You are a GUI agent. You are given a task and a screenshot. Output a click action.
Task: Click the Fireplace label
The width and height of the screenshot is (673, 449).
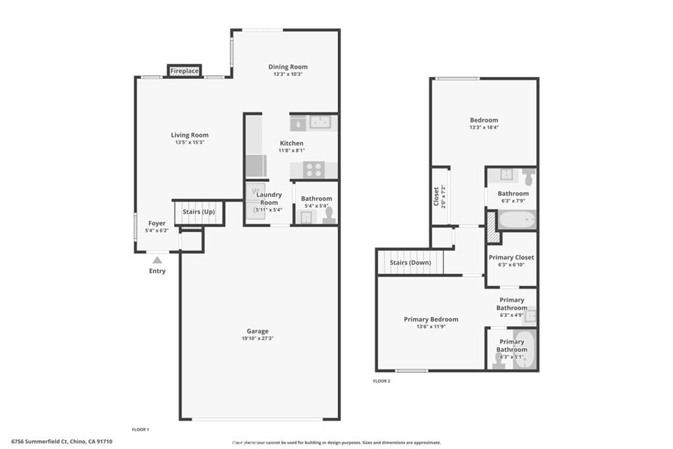[x=184, y=70]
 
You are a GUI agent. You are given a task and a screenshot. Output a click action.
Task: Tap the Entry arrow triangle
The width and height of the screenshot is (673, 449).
[x=157, y=260]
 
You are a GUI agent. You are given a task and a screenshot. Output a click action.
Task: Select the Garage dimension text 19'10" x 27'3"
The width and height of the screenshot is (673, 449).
[x=258, y=339]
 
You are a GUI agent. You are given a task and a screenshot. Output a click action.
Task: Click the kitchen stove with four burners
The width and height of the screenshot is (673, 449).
[x=313, y=170]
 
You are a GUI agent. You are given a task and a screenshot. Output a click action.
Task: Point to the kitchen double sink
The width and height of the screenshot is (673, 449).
[x=320, y=122]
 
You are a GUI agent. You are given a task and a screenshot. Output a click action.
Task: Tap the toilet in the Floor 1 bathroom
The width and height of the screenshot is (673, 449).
[x=329, y=215]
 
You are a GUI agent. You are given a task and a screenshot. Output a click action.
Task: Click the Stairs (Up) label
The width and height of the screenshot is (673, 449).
[x=198, y=212]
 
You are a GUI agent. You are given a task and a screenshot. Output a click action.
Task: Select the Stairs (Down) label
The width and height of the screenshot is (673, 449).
[x=410, y=263]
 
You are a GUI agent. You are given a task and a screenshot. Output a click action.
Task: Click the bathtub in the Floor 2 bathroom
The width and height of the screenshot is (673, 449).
[x=516, y=220]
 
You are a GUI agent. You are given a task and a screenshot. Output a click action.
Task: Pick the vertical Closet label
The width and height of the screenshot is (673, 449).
[x=436, y=197]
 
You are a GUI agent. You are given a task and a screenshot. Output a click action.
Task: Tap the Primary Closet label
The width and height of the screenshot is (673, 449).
[x=511, y=258]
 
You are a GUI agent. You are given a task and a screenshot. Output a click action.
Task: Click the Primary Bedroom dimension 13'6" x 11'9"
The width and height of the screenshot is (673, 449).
[x=430, y=327]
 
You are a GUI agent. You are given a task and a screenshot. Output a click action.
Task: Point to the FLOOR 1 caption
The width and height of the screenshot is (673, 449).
[x=141, y=429]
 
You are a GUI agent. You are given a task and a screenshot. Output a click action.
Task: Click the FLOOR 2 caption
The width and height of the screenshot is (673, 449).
[x=381, y=381]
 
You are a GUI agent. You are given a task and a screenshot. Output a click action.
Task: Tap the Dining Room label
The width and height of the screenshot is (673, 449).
[x=288, y=66]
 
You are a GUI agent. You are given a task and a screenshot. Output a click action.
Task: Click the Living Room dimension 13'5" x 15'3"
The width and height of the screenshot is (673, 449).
[x=190, y=143]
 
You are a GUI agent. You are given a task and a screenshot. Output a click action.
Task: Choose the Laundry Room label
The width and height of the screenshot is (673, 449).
[x=269, y=199]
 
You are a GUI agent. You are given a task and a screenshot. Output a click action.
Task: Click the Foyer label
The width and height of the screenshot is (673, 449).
[x=156, y=224]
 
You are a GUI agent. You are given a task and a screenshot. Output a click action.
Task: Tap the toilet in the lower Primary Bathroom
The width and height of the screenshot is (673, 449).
[x=499, y=360]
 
